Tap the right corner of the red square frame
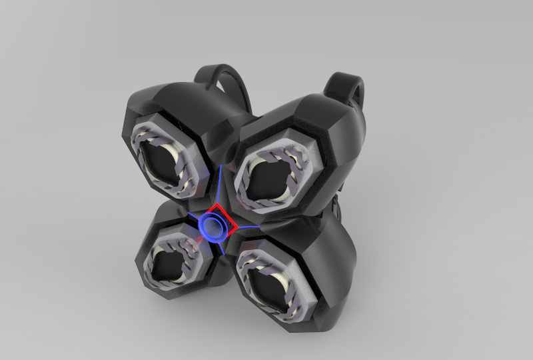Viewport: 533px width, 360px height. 237,229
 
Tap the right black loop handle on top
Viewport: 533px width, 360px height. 347,87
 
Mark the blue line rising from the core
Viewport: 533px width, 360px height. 219,187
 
